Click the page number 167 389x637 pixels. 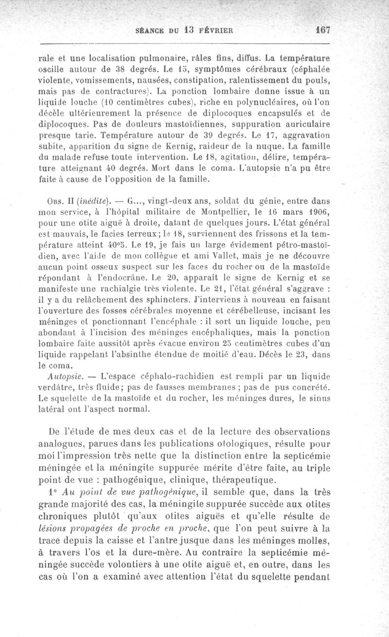click(x=322, y=29)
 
